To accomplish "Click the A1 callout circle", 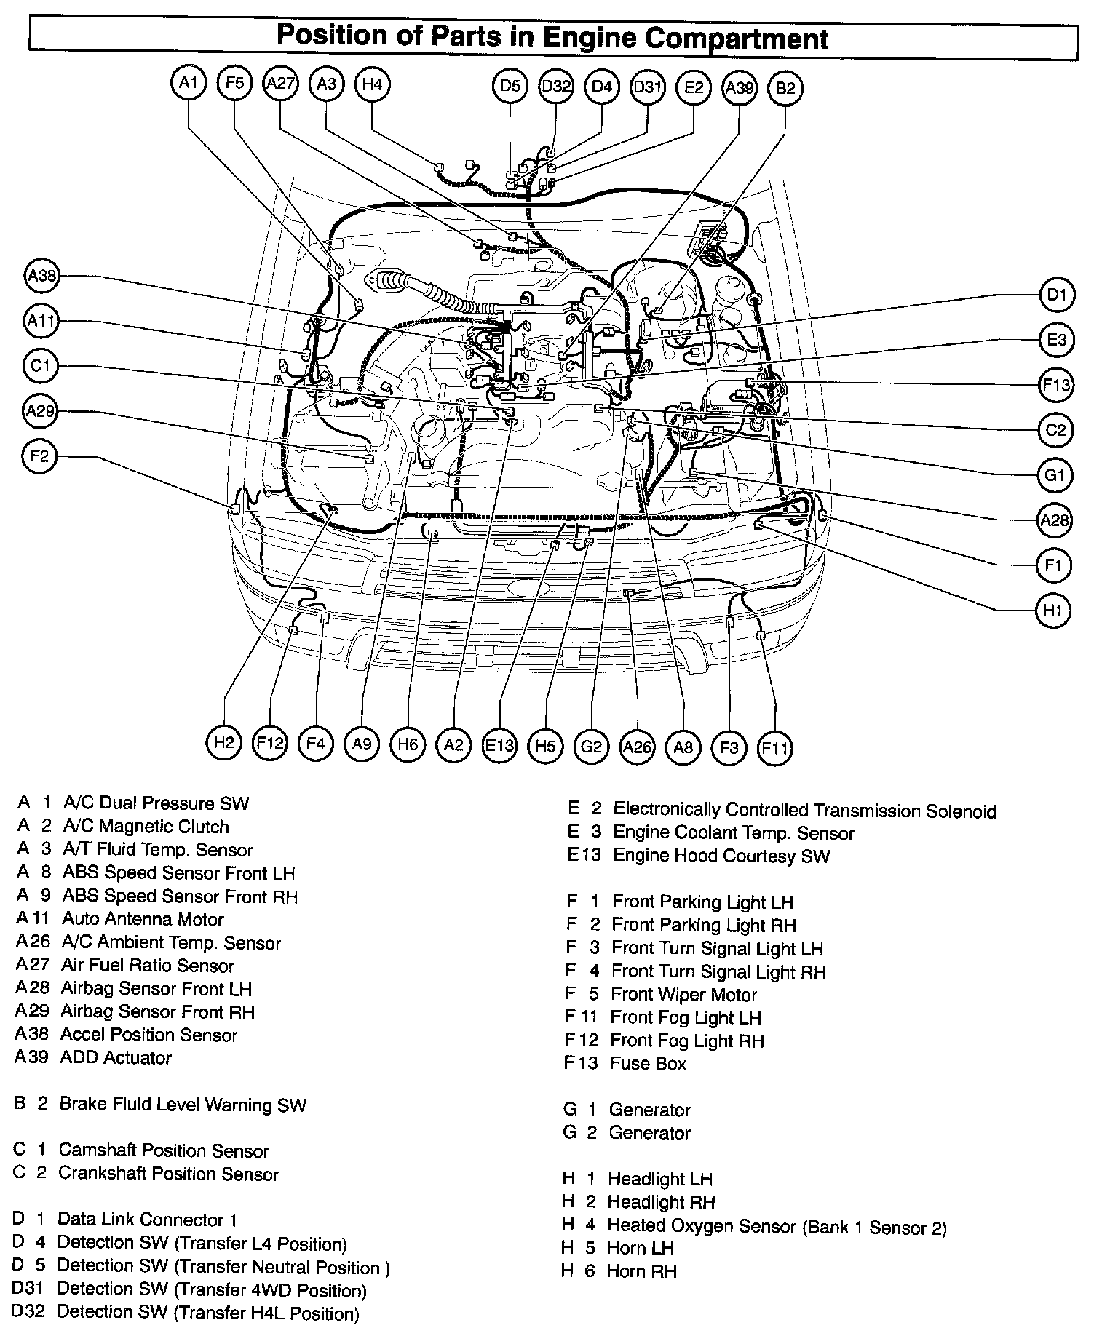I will [x=189, y=84].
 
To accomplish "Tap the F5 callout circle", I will [x=234, y=84].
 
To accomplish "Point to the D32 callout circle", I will [x=556, y=87].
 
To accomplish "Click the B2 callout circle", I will [x=785, y=88].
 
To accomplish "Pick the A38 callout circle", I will [x=41, y=276].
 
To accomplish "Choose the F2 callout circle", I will [x=39, y=456].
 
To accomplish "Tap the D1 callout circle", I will [x=1056, y=295].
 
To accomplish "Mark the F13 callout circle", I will [x=1056, y=385].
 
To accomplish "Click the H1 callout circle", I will [x=1052, y=611].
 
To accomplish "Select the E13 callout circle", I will [x=499, y=745].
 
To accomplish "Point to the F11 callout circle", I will [x=774, y=747].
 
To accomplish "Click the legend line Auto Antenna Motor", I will [x=143, y=919].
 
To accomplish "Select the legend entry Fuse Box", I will [x=648, y=1063].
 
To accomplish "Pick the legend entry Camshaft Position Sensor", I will [x=163, y=1150].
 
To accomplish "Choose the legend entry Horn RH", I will [x=642, y=1271].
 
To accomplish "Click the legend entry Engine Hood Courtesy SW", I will [x=721, y=856].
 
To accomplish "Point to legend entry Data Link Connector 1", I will [x=146, y=1219].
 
